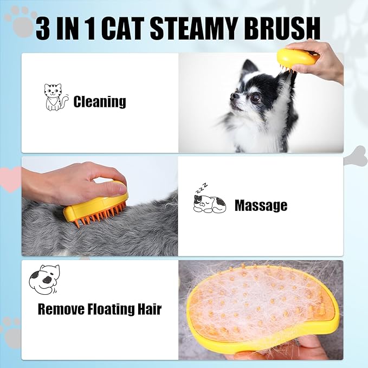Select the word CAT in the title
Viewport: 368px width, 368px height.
[x=122, y=29]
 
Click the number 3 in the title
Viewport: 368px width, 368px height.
[x=43, y=29]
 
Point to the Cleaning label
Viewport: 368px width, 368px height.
[x=100, y=102]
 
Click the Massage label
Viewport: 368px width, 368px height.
[x=261, y=205]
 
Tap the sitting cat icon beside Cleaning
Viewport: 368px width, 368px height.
[x=56, y=97]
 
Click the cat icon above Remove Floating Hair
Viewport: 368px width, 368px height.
[x=44, y=279]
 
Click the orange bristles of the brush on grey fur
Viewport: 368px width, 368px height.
[x=101, y=215]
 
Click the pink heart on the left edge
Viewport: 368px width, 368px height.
[x=10, y=179]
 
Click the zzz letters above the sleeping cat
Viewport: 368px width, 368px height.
[x=202, y=188]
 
